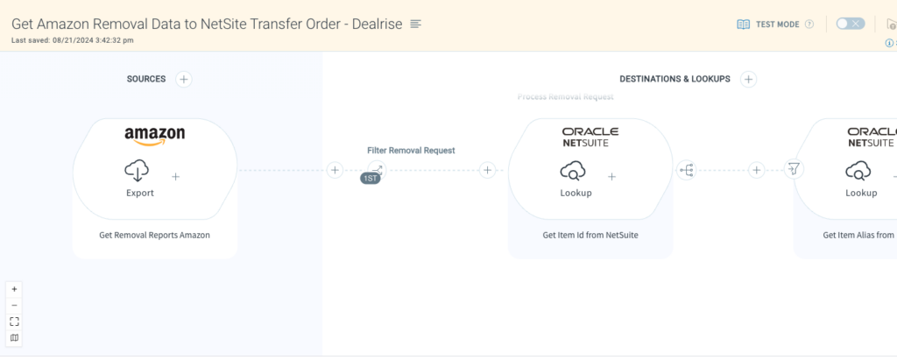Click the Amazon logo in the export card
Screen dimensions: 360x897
point(154,136)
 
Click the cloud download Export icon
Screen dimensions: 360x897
point(138,169)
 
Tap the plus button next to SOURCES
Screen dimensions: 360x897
point(184,79)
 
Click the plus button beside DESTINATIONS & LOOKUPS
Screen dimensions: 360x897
point(748,79)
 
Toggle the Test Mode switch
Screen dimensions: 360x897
point(850,24)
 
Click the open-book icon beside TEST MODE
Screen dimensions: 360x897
point(743,25)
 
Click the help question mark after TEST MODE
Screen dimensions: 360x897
point(809,25)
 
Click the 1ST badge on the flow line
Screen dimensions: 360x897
point(371,179)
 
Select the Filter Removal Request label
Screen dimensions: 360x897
point(411,151)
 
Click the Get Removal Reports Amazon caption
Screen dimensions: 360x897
point(154,235)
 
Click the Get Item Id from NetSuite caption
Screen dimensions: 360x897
point(590,235)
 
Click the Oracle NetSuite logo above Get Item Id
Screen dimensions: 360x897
point(590,137)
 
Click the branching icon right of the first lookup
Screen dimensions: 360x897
point(686,170)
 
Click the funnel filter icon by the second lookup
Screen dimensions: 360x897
point(794,169)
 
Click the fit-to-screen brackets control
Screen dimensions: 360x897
point(14,321)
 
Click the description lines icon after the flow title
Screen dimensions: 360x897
point(416,24)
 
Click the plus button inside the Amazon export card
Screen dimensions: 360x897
point(175,176)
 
